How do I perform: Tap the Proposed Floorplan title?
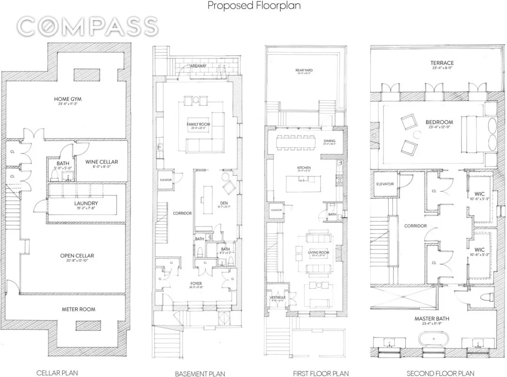click(x=254, y=6)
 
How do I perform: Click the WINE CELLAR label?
click(x=102, y=162)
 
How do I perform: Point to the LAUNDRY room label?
click(x=86, y=204)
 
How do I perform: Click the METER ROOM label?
click(x=79, y=309)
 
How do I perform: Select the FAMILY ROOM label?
click(x=198, y=124)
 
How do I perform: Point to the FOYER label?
click(x=196, y=284)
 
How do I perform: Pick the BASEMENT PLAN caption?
click(x=198, y=374)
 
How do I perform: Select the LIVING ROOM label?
click(x=318, y=253)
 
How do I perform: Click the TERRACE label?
click(x=442, y=63)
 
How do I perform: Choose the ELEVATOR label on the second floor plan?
click(x=385, y=184)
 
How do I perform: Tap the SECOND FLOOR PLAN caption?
click(x=437, y=373)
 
